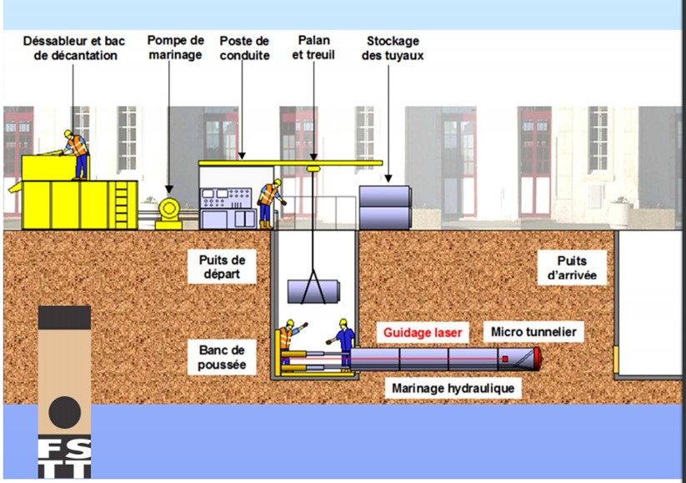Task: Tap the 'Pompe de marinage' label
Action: pyautogui.click(x=175, y=48)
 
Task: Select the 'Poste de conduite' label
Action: pyautogui.click(x=244, y=48)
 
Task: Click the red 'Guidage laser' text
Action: pyautogui.click(x=422, y=332)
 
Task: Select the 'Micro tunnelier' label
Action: pyautogui.click(x=533, y=332)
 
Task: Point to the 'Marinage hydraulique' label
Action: pyautogui.click(x=453, y=388)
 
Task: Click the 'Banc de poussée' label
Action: pyautogui.click(x=223, y=356)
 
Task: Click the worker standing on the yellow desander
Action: pyautogui.click(x=78, y=153)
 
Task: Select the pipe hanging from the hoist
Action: pyautogui.click(x=314, y=292)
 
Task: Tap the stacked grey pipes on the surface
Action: pyautogui.click(x=385, y=206)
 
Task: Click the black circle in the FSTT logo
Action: pyautogui.click(x=64, y=412)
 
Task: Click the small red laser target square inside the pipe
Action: pyautogui.click(x=505, y=360)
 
